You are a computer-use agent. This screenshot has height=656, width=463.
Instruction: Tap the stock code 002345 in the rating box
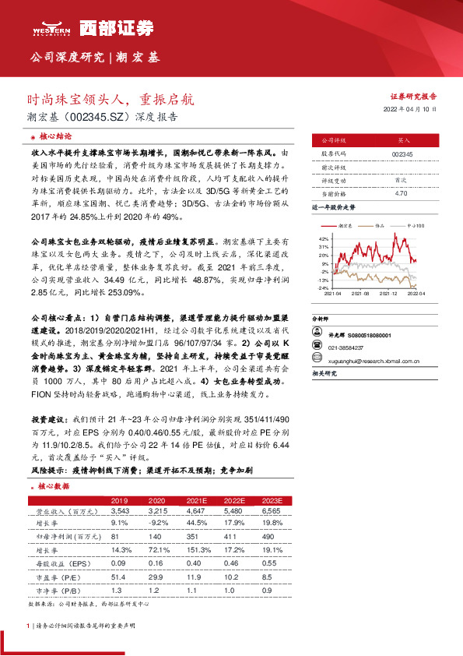[402, 154]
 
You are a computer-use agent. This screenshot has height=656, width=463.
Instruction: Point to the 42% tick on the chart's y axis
[323, 236]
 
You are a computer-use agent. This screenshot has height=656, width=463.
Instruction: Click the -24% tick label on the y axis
[322, 287]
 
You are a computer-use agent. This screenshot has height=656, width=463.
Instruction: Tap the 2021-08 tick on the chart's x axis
[359, 293]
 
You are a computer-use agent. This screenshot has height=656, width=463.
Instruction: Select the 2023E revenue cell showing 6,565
[271, 510]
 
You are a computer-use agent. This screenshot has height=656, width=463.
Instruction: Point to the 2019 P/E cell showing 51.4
[119, 573]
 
